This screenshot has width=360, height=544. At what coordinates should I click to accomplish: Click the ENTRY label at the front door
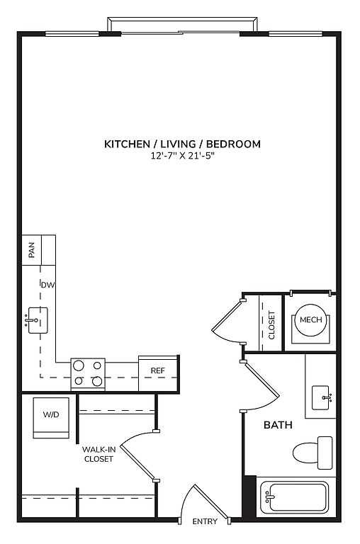[x=205, y=521]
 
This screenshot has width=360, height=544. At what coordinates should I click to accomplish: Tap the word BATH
[x=278, y=425]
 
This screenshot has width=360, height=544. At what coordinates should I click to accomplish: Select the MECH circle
[x=310, y=319]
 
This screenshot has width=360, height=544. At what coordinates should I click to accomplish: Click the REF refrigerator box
[x=158, y=374]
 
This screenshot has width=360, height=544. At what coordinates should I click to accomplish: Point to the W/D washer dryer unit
[x=51, y=418]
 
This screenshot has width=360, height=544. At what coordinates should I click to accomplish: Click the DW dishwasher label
[x=48, y=285]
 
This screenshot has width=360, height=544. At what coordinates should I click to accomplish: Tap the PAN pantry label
[x=32, y=250]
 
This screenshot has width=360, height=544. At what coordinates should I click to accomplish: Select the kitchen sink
[x=38, y=320]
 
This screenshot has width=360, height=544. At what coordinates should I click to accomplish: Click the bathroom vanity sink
[x=321, y=397]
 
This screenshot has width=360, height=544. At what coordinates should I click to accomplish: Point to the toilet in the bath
[x=313, y=453]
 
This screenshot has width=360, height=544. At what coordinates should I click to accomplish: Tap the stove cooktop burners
[x=88, y=374]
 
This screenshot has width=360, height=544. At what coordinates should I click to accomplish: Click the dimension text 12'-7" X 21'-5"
[x=183, y=156]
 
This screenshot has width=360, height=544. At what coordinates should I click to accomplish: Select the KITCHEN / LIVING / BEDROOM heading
[x=183, y=144]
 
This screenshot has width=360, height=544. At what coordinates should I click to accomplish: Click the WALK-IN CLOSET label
[x=99, y=454]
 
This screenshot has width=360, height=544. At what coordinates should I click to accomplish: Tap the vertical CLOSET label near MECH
[x=271, y=325]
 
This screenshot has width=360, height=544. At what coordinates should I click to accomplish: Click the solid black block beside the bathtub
[x=249, y=498]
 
